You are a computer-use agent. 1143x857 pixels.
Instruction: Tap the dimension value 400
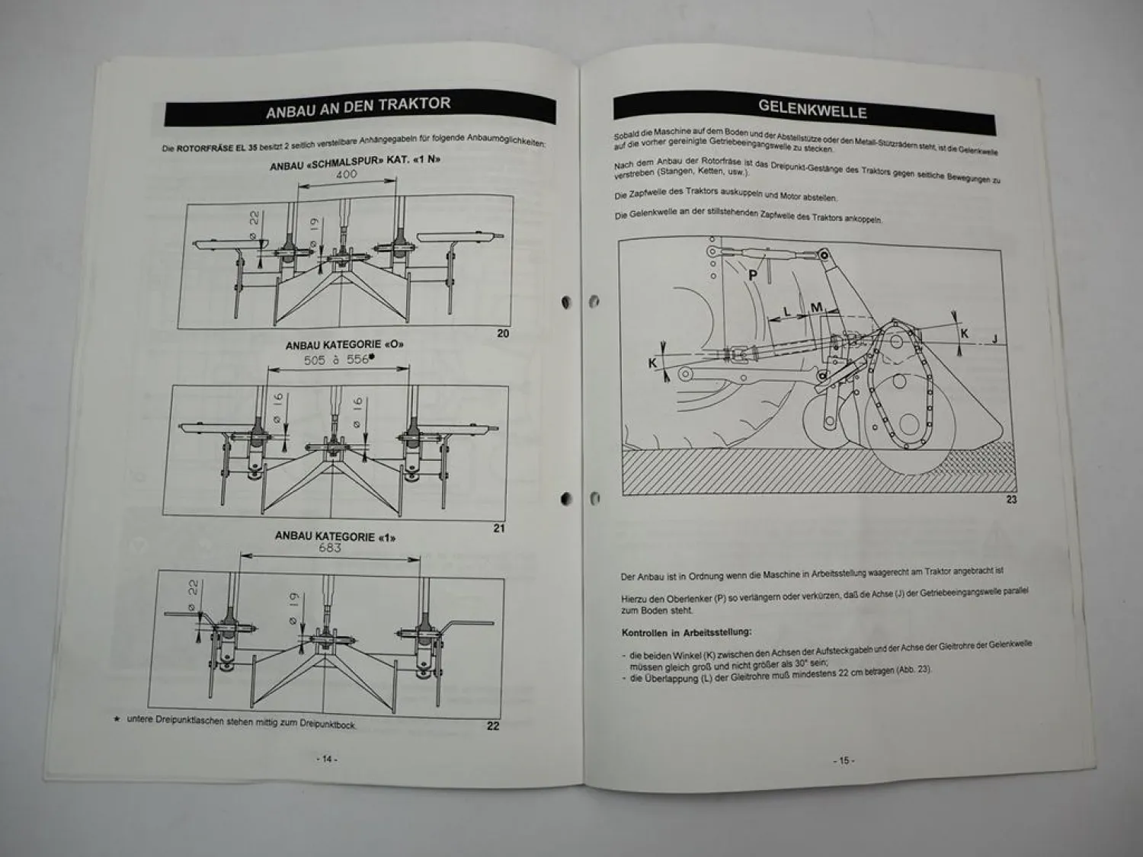point(346,174)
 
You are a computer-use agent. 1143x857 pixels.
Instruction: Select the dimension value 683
point(330,548)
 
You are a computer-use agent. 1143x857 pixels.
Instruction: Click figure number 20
point(503,333)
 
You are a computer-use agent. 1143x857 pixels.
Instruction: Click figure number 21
point(499,528)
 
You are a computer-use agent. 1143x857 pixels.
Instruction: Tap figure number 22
point(493,725)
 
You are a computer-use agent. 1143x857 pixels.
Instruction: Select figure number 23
point(1011,500)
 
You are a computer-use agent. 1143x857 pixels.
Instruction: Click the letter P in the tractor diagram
point(753,274)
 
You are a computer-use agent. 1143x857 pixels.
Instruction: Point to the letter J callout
point(994,339)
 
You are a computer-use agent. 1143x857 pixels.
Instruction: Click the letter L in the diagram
point(787,311)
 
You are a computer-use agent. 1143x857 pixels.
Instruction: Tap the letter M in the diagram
point(816,308)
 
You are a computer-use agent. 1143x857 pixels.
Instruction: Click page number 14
point(326,759)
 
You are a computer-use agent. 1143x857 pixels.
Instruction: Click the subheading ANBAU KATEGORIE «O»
point(344,344)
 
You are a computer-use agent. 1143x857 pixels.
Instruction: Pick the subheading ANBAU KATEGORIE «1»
point(335,536)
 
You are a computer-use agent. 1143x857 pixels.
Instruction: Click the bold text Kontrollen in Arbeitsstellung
point(686,632)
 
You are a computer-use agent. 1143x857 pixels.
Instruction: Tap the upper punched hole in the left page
point(565,302)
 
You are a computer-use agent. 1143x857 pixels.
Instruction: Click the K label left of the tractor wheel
point(652,363)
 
